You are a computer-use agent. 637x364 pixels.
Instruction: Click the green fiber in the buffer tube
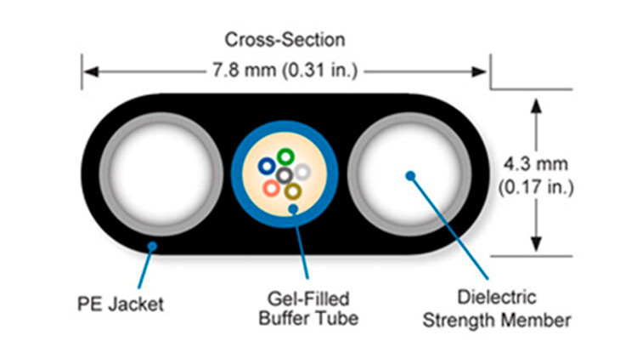[285, 156]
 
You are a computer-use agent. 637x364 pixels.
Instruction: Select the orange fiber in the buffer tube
[271, 187]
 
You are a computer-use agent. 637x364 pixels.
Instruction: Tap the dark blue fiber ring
[268, 167]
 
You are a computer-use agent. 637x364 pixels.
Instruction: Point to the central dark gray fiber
[285, 175]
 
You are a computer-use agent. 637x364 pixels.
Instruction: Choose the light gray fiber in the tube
[302, 171]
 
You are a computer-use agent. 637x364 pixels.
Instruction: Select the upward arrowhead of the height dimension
[536, 104]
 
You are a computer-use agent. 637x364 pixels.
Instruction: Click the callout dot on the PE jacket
[151, 247]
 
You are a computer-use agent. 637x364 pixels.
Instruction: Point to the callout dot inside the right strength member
[410, 176]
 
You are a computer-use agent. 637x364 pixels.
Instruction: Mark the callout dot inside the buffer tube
[293, 207]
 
